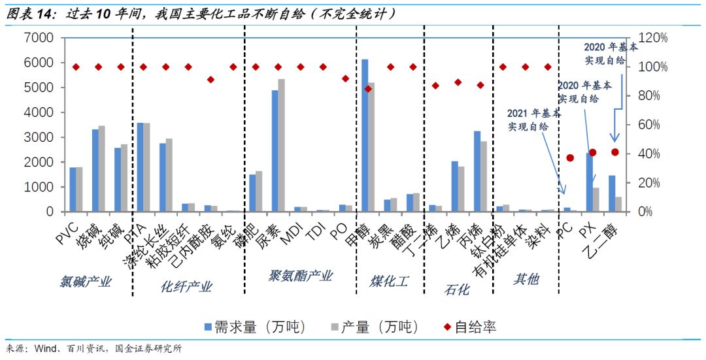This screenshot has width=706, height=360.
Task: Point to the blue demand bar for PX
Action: point(589,182)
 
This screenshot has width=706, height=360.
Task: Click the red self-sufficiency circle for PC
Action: point(570,158)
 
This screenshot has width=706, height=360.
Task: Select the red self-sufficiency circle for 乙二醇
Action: point(614,152)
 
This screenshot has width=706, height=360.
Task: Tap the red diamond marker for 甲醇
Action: point(368,89)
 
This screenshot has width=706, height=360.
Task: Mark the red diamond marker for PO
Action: point(346,78)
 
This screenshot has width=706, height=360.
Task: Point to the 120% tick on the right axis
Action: point(652,38)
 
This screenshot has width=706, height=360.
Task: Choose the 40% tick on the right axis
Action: point(649,154)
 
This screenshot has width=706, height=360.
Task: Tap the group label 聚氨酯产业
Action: point(301,276)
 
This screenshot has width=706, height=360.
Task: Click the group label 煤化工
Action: point(389,282)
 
